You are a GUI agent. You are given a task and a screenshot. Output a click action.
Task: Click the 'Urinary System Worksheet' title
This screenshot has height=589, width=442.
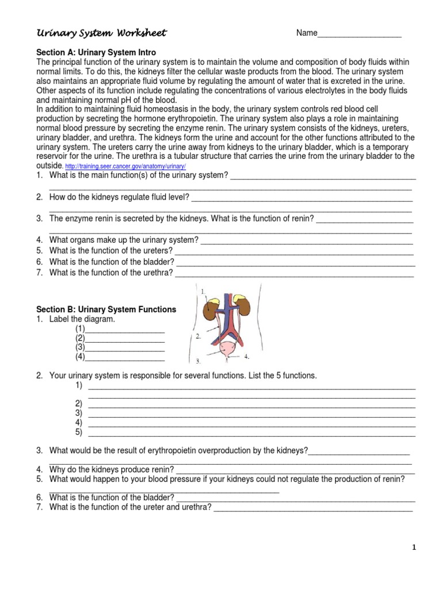(101, 33)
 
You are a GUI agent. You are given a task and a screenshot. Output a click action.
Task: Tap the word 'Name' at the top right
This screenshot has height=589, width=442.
(307, 33)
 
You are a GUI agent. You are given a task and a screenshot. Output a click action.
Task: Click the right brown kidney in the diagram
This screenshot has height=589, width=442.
(243, 306)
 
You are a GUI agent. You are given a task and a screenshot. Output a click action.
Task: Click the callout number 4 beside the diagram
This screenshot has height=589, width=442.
(246, 357)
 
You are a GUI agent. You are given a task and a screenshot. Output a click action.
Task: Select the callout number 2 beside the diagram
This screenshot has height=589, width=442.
(197, 336)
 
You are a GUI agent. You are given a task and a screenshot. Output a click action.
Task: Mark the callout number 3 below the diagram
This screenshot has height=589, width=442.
(197, 362)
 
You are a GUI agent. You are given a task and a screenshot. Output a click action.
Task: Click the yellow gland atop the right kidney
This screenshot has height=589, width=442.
(240, 299)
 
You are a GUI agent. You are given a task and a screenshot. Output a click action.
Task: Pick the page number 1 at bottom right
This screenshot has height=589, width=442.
(413, 548)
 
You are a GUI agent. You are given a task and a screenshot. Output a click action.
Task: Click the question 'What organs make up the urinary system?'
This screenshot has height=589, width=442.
(124, 240)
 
